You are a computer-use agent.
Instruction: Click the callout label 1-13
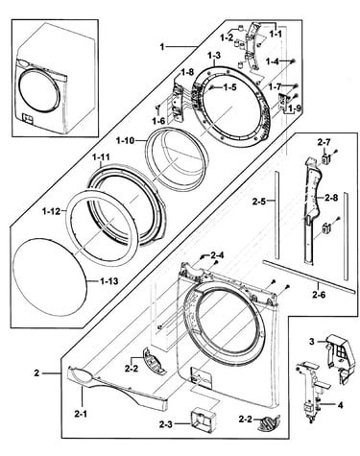[x=108, y=281]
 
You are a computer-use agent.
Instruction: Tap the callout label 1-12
[x=51, y=211]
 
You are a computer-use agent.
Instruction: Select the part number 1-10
[x=126, y=140]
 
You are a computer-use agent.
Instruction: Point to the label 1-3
[x=214, y=56]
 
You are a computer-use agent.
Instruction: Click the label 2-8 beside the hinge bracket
[x=331, y=198]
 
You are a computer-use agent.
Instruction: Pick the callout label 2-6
[x=319, y=295]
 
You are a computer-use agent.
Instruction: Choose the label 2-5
[x=259, y=202]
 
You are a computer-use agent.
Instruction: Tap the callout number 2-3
[x=165, y=424]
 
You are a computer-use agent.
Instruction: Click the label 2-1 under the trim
[x=81, y=414]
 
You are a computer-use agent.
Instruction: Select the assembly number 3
[x=311, y=341]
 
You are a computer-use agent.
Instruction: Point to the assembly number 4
[x=340, y=405]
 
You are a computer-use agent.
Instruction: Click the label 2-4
[x=217, y=255]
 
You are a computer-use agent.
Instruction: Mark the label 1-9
[x=294, y=108]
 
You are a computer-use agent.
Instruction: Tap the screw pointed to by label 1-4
[x=293, y=60]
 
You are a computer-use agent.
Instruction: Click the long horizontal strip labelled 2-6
[x=309, y=276]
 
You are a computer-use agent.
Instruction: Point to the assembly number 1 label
[x=162, y=47]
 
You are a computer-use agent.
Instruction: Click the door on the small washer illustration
[x=39, y=88]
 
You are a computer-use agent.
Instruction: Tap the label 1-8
[x=187, y=72]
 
